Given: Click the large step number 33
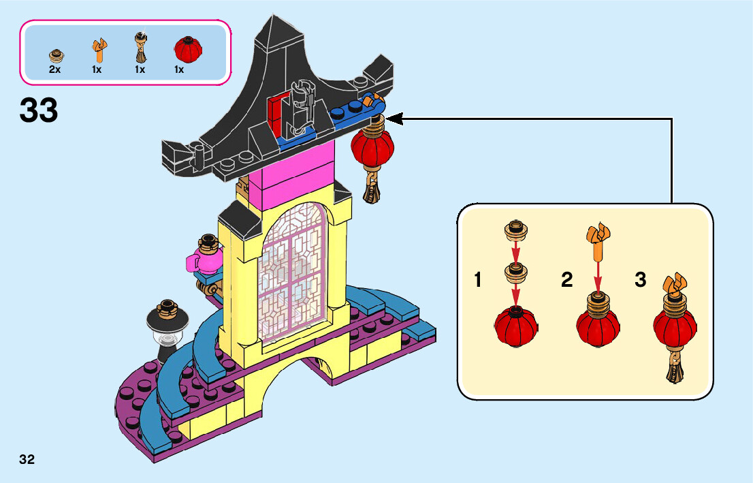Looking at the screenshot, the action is coord(39,110).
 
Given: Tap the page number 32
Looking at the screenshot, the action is coord(27,459).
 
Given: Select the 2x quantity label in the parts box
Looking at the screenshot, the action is coord(55,69).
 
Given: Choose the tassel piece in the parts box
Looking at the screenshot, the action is coord(140,48).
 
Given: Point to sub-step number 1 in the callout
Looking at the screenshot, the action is coord(479,280).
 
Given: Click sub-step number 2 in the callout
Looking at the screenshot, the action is coord(566,280).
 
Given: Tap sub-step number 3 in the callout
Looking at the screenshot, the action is coord(640,280).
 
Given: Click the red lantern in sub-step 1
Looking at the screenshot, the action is coord(516,326).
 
